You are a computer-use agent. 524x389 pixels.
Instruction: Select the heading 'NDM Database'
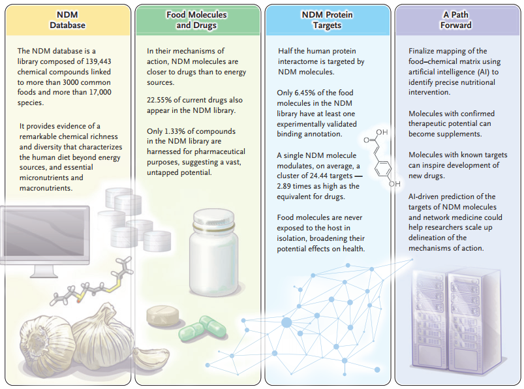coord(67,20)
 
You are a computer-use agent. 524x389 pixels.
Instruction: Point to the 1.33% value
coord(182,131)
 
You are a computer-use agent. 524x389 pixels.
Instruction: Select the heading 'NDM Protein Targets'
coord(328,20)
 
